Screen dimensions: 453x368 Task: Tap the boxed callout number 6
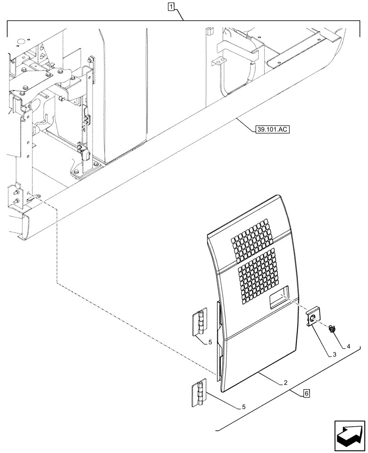click(x=307, y=394)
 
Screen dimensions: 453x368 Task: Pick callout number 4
click(x=349, y=347)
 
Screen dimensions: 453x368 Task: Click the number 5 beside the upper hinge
click(x=210, y=342)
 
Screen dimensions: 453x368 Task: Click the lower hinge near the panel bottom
click(x=199, y=392)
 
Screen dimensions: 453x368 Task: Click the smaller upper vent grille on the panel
click(x=252, y=238)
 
